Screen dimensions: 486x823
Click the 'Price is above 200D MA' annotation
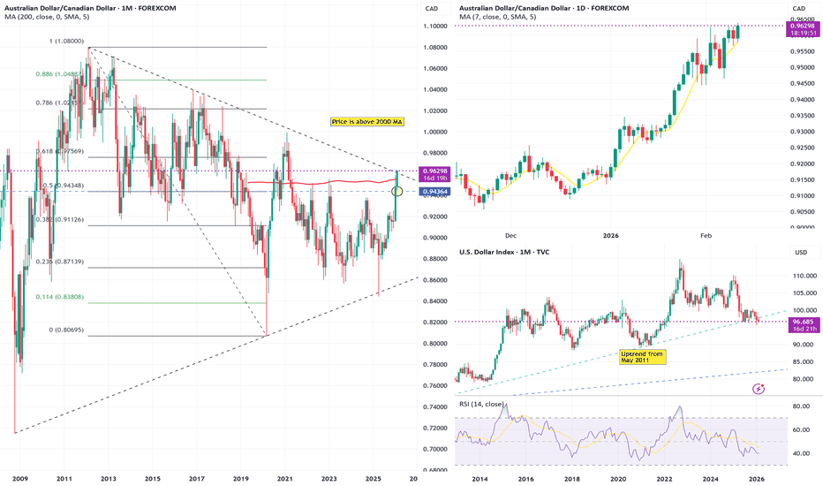[x=366, y=120]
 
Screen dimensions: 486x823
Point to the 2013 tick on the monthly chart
[x=108, y=478]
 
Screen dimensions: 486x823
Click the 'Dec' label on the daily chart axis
[x=510, y=236]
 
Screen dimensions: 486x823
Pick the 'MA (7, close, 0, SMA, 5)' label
[x=498, y=17]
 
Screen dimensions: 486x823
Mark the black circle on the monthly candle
[x=397, y=191]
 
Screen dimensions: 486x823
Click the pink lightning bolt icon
[x=758, y=389]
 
